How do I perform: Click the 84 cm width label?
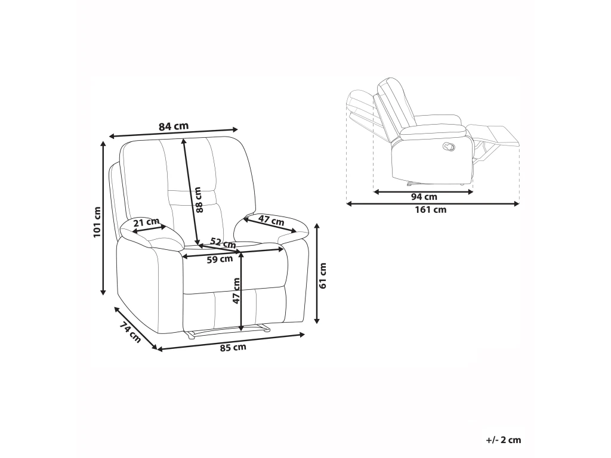point(174,126)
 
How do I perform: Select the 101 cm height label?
point(97,222)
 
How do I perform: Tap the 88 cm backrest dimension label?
point(199,200)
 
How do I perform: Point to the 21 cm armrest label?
point(147,222)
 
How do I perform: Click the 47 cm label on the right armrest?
point(271,221)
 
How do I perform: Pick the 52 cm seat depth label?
point(223,243)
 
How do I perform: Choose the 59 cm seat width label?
point(220,259)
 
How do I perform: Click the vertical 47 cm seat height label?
point(236,290)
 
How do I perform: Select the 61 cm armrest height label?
point(323,276)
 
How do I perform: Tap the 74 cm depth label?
point(130,332)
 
